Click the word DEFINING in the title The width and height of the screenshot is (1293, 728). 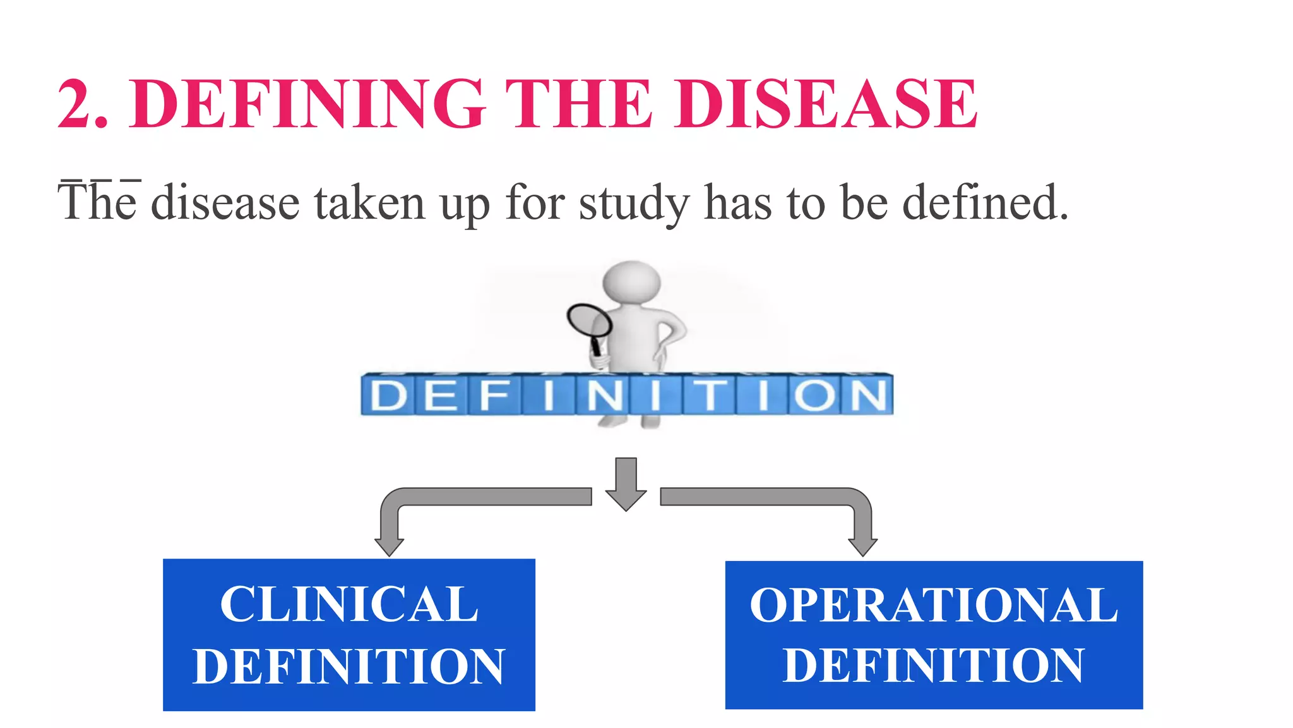[307, 104]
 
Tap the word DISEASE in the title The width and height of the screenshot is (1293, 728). [826, 104]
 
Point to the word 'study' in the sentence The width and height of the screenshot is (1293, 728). [633, 204]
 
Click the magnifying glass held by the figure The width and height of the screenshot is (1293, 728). [589, 322]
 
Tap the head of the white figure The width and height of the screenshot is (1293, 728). [631, 282]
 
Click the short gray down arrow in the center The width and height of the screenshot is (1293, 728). [626, 483]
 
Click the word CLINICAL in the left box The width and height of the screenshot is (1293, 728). [349, 604]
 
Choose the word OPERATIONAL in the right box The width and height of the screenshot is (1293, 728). [934, 605]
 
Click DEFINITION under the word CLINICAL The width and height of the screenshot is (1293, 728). [349, 666]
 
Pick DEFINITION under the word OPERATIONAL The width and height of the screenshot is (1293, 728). [934, 665]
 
